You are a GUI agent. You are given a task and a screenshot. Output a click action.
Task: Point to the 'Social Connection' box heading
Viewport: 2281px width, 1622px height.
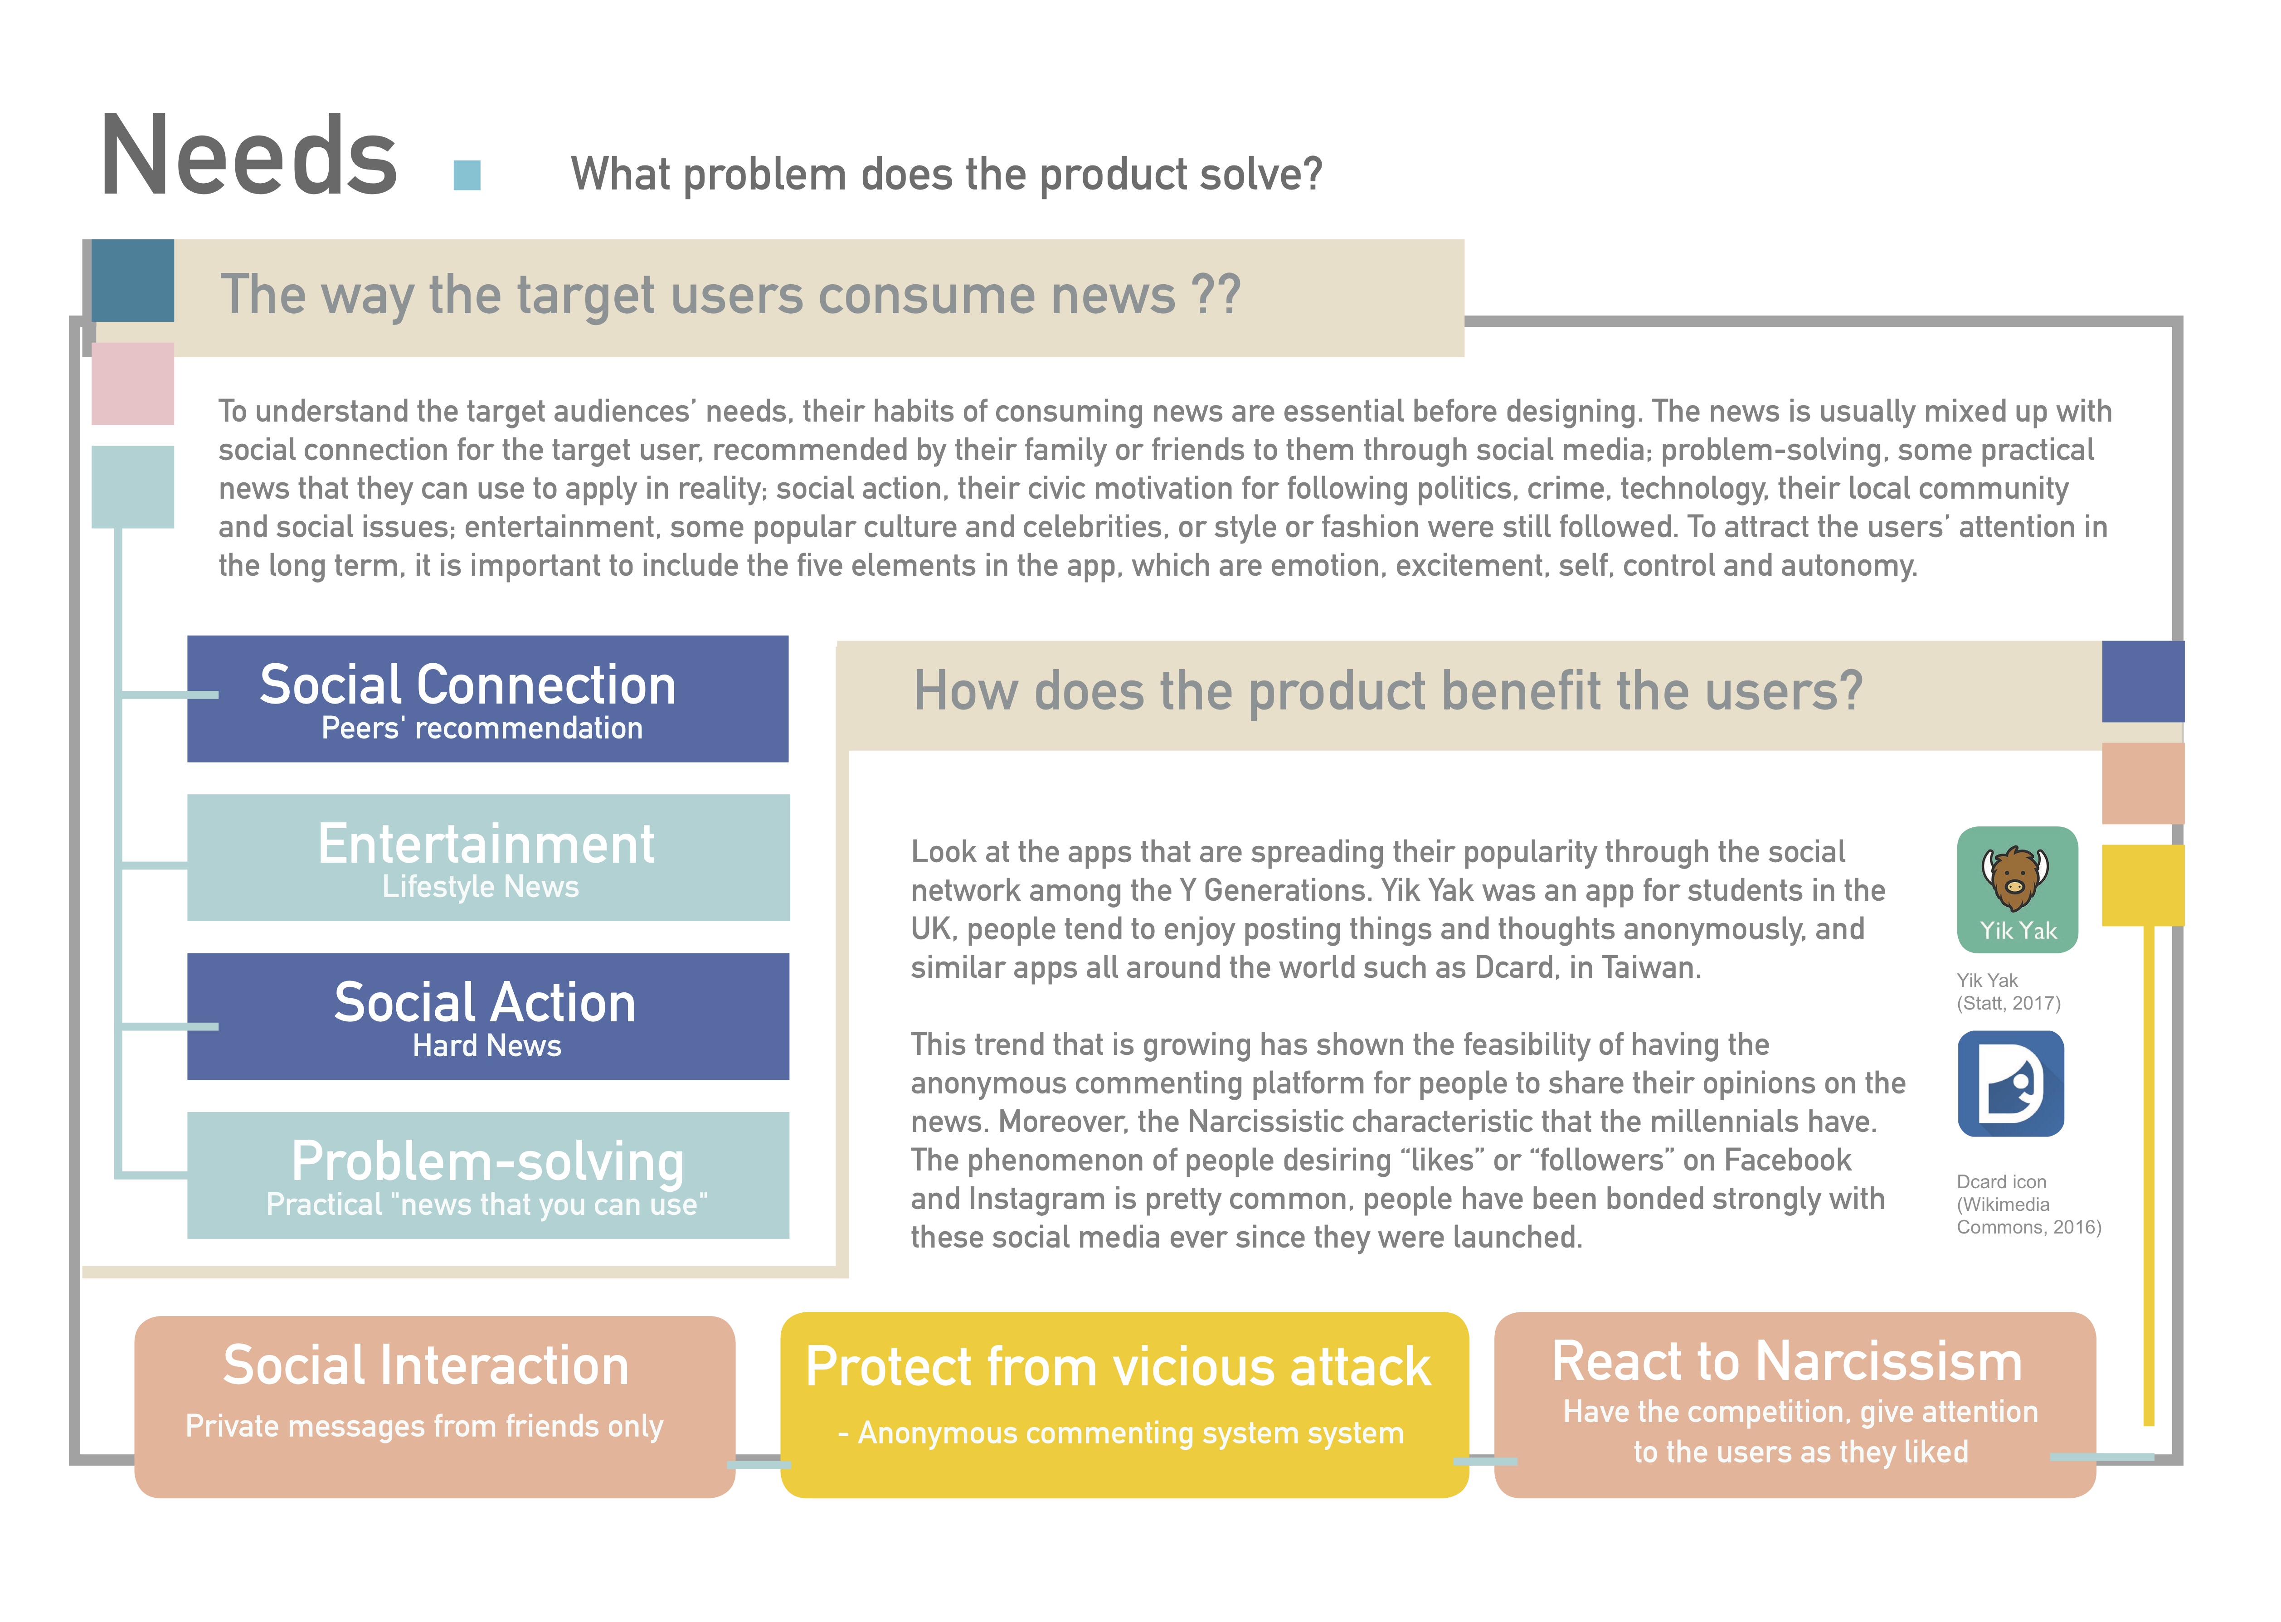pos(467,685)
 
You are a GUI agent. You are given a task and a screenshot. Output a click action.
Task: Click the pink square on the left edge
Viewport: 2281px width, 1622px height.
pos(133,384)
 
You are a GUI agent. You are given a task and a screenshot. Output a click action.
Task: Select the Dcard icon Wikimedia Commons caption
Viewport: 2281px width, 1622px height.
pos(2028,1204)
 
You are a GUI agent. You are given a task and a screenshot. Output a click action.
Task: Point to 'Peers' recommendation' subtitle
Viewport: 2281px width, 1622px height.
pos(481,729)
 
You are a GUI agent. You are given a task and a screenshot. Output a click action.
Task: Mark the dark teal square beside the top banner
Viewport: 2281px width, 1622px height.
pos(133,281)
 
